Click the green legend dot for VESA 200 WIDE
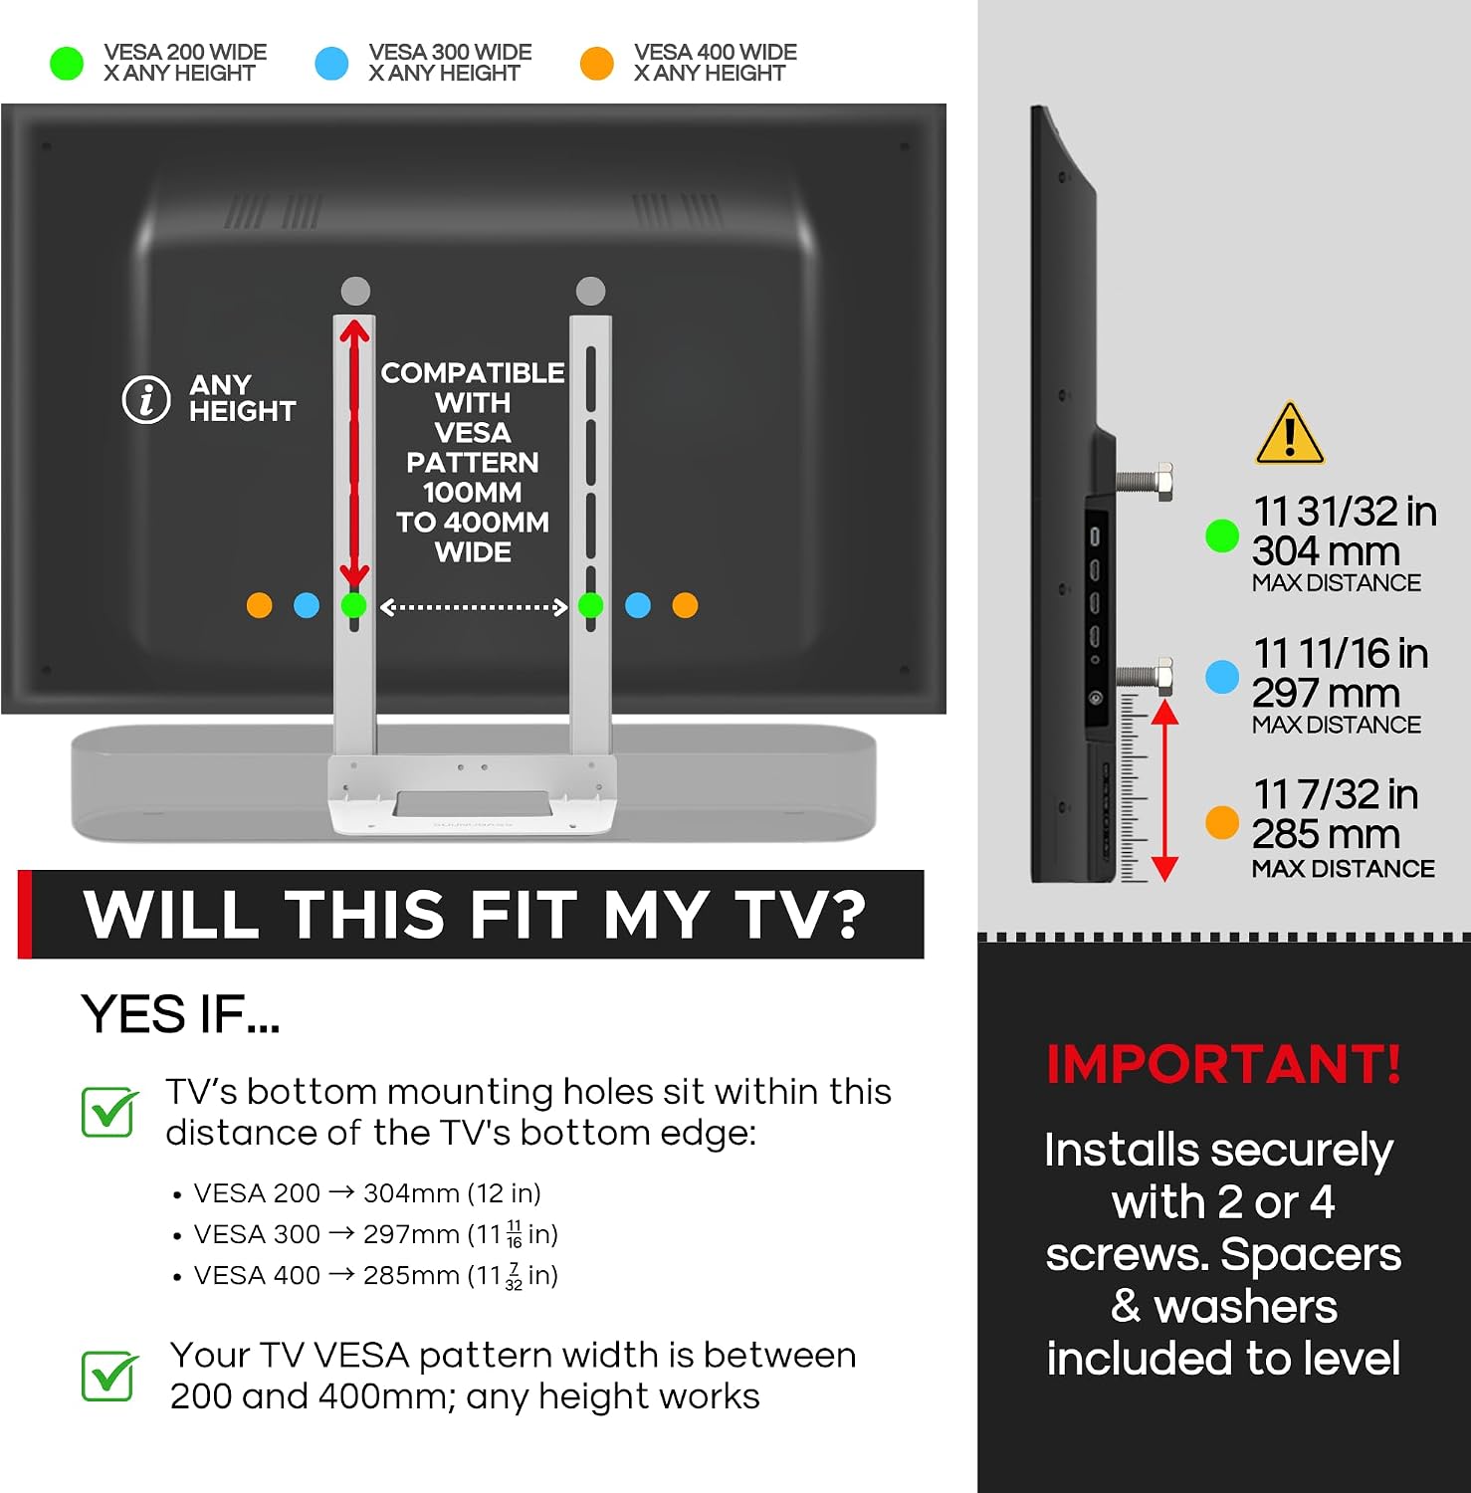(x=67, y=64)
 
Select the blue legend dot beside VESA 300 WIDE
(x=331, y=64)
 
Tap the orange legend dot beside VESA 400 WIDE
(x=597, y=64)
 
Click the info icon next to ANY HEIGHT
(x=146, y=400)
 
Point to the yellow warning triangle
(x=1290, y=434)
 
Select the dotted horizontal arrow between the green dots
(x=474, y=607)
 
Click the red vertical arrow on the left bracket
(x=354, y=452)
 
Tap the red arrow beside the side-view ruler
(x=1164, y=790)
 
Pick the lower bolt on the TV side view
(x=1144, y=676)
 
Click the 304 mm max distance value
(x=1326, y=551)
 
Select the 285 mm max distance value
(x=1326, y=834)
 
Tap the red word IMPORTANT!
(x=1224, y=1064)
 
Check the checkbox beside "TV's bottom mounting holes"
(x=110, y=1112)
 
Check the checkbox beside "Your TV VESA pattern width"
(x=110, y=1376)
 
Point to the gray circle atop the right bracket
(x=590, y=291)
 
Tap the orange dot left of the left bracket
(x=259, y=605)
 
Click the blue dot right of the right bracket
(x=638, y=605)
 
